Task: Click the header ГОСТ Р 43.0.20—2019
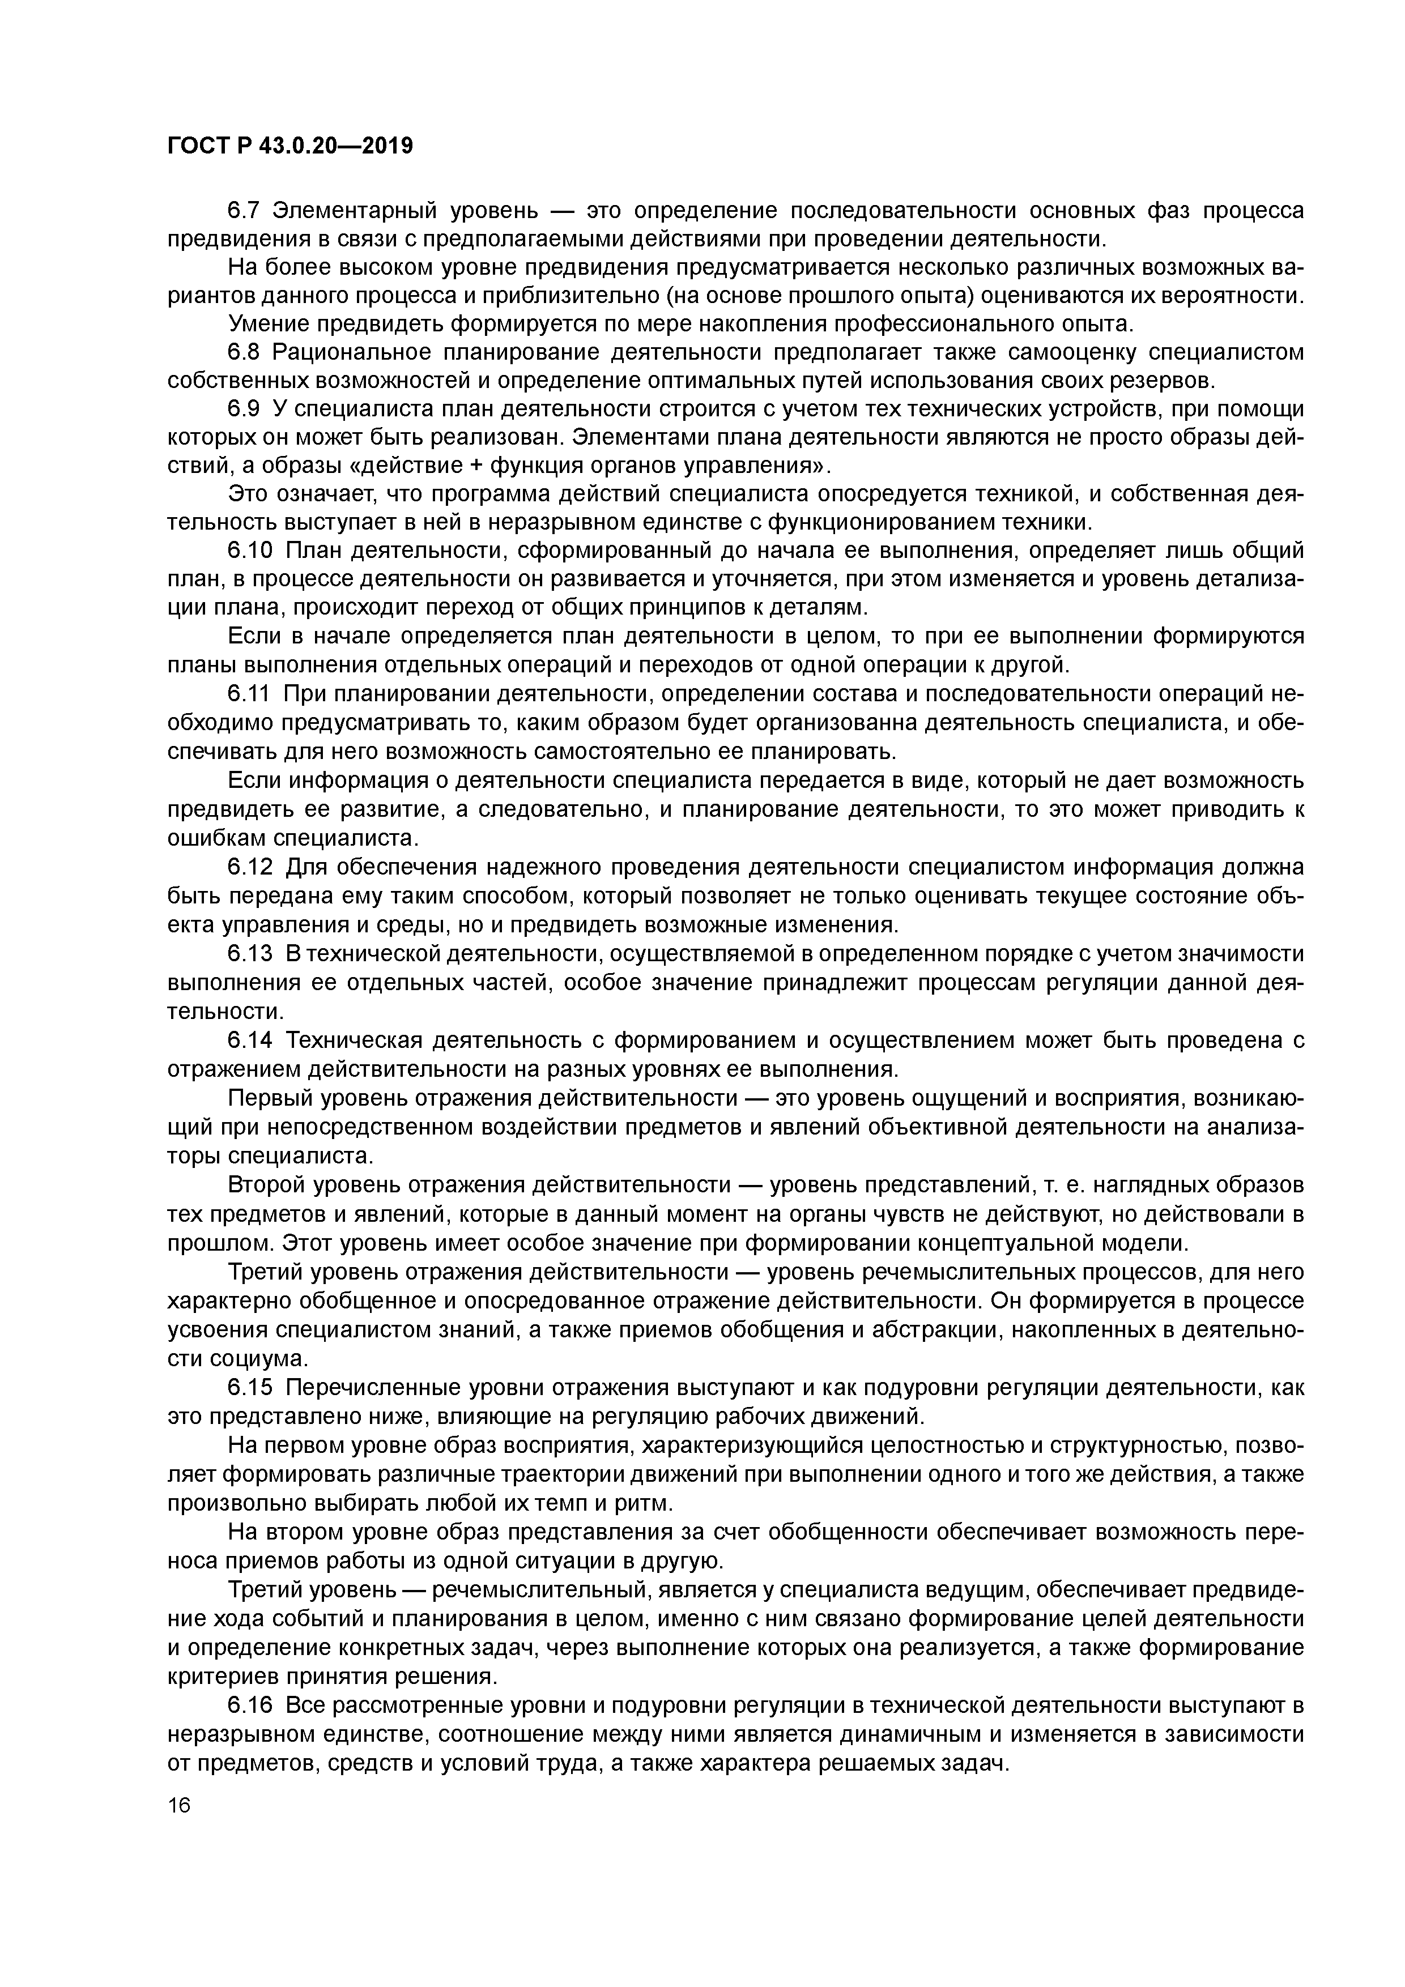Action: coord(290,146)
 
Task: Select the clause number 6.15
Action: coord(250,1412)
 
